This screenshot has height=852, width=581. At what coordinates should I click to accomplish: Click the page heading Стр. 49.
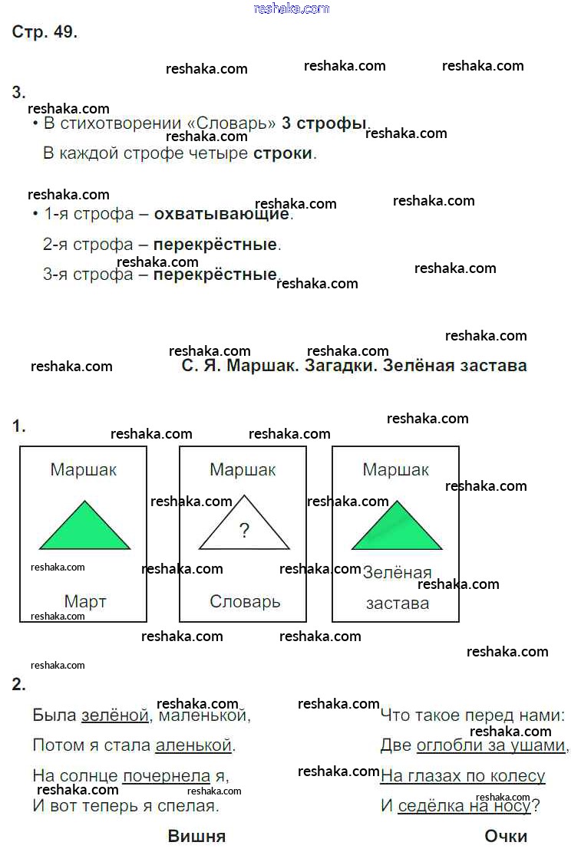click(x=45, y=32)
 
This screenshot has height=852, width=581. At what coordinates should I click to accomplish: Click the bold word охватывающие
click(x=221, y=214)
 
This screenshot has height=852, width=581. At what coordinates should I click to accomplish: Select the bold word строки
click(x=283, y=154)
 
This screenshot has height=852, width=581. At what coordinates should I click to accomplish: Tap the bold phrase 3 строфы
click(x=324, y=123)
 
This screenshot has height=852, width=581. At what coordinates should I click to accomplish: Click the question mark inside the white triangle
click(x=244, y=531)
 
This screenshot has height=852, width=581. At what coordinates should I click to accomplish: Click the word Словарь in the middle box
click(x=245, y=601)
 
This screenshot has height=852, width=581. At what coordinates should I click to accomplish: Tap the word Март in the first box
click(x=85, y=601)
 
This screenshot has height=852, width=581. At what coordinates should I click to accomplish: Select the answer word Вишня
click(x=196, y=836)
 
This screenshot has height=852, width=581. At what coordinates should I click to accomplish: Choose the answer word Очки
click(x=506, y=836)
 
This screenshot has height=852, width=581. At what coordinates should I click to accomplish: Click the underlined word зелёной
click(x=115, y=715)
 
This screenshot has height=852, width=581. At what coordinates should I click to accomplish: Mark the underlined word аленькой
click(x=193, y=745)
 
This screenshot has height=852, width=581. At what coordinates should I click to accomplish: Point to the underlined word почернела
click(x=167, y=776)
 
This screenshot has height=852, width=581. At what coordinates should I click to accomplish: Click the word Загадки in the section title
click(x=340, y=366)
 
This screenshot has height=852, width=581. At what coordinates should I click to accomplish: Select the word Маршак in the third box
click(x=395, y=469)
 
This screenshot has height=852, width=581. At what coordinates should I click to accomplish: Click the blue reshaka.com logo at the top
click(x=291, y=8)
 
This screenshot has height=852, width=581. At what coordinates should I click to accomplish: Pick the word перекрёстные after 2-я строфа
click(x=215, y=245)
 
